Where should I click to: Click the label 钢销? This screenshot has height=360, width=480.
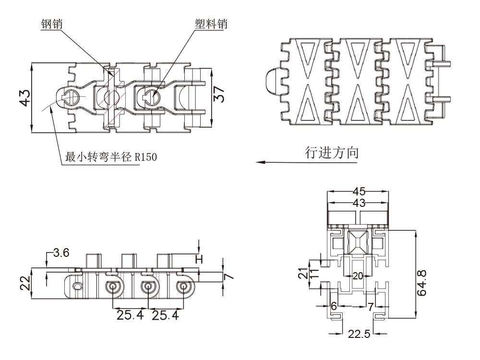tap(53, 24)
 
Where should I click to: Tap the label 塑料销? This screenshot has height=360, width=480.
tap(211, 24)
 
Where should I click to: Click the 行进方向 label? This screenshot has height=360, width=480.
tap(332, 152)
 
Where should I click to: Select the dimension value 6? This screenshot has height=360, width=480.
tap(334, 306)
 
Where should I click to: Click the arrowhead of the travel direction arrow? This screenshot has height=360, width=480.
tap(258, 162)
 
